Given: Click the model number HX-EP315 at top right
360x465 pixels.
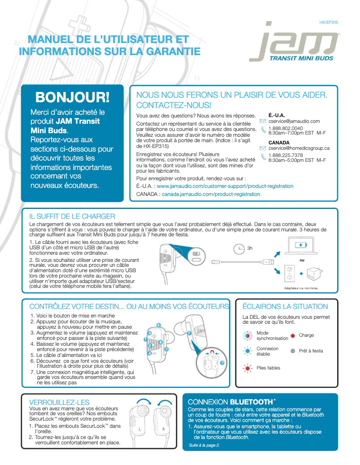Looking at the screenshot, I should coord(329,22).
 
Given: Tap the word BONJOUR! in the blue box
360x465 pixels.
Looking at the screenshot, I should coord(72,96).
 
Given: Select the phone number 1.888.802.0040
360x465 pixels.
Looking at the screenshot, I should coord(285,128).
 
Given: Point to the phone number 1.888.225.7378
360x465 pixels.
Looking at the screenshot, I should coord(285,155).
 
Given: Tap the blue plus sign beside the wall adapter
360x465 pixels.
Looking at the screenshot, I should coord(301,274).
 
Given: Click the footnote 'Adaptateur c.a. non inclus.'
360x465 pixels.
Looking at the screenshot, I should coord(301,288).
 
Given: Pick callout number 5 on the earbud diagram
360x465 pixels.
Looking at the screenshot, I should coord(158,325).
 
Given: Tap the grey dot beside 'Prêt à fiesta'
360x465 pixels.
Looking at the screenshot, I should coord(293,351).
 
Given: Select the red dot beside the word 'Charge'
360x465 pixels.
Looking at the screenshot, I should coord(293,335).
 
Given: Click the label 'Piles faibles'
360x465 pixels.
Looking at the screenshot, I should coord(268,368).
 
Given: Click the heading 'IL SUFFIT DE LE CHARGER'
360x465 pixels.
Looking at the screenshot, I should coord(72,217).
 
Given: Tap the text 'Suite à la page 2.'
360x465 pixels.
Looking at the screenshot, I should coord(205,445).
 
